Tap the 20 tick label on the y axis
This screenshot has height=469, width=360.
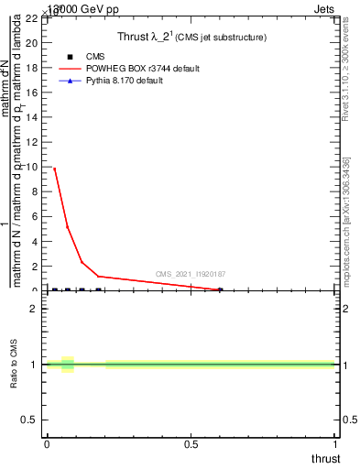(x=31, y=42)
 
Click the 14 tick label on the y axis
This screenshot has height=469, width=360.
(x=31, y=117)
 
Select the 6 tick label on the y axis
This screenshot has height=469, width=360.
(x=35, y=217)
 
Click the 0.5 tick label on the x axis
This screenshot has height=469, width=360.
(x=191, y=444)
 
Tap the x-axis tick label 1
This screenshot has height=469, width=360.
(x=335, y=444)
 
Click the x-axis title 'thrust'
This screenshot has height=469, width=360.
(x=324, y=458)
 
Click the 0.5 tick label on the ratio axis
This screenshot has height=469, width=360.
(x=29, y=420)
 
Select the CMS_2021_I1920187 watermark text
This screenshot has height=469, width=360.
(x=191, y=274)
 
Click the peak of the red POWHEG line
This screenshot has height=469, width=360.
(x=54, y=169)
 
